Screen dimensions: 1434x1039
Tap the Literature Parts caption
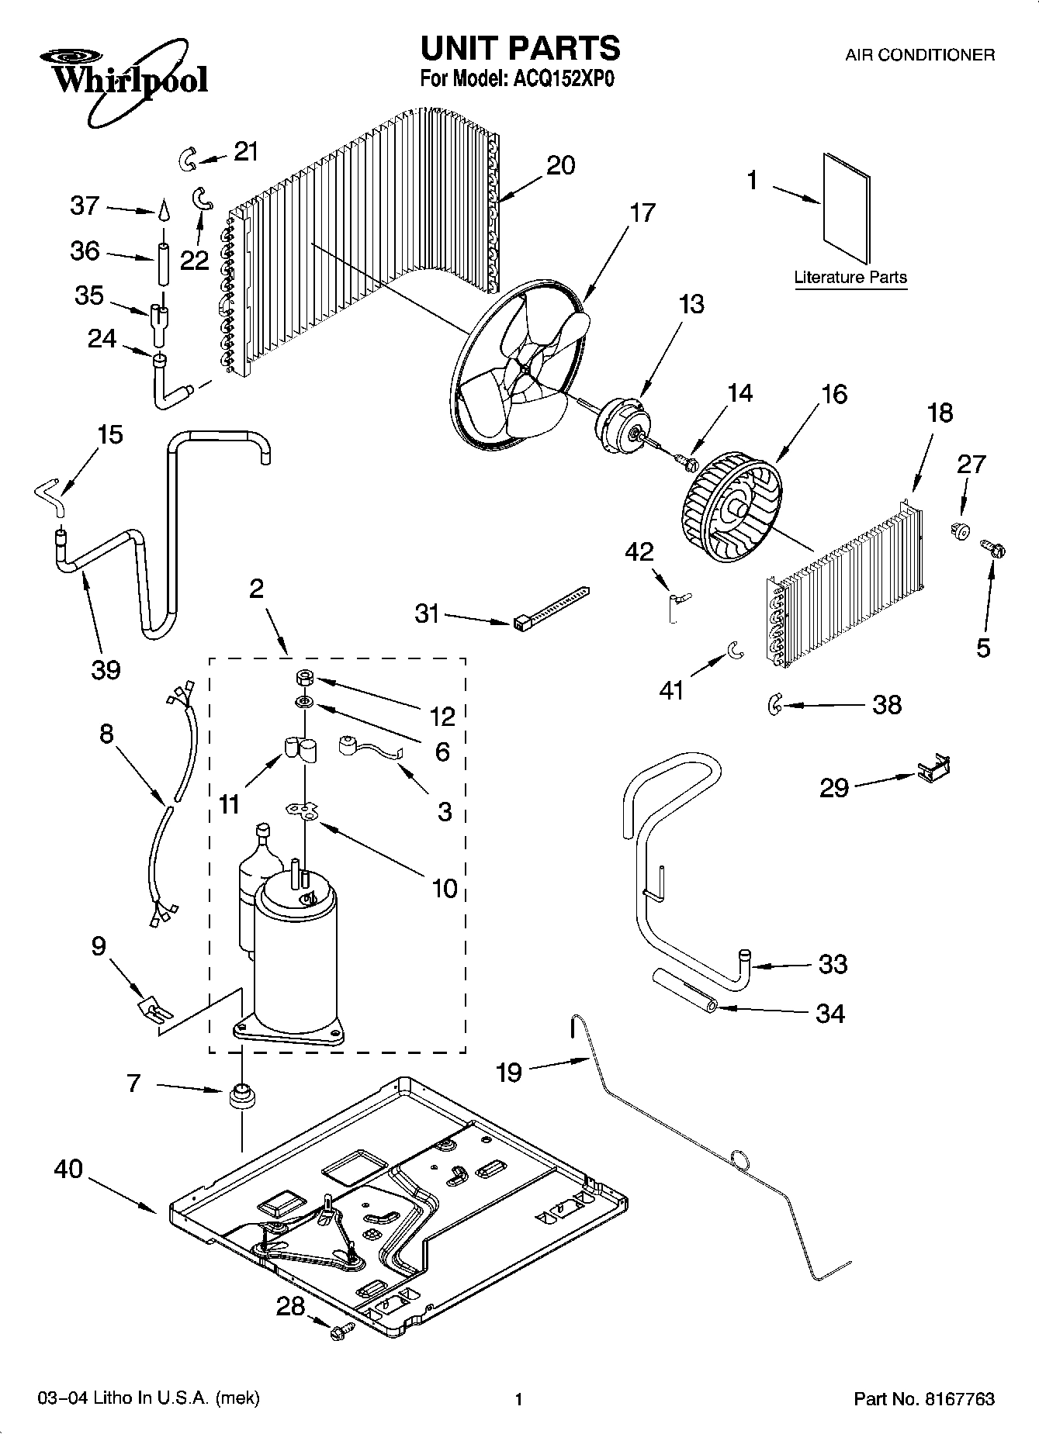click(850, 277)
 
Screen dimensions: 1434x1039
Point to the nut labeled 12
click(304, 678)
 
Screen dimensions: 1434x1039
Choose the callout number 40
click(68, 1169)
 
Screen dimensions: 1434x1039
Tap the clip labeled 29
click(933, 769)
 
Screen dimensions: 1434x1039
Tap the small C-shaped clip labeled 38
click(773, 704)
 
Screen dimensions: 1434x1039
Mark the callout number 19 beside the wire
click(509, 1073)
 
